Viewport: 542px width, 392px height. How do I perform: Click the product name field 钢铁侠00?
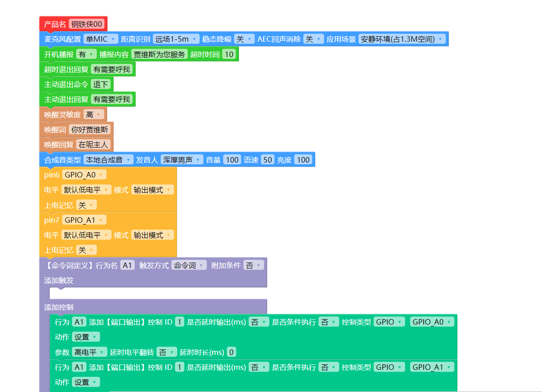pos(87,24)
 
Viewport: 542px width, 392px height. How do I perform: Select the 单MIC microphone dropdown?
pos(101,39)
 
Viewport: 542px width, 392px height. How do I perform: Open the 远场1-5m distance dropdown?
pos(176,39)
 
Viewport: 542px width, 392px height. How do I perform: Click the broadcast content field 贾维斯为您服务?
pos(159,54)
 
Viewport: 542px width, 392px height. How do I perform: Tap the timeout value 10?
pos(229,54)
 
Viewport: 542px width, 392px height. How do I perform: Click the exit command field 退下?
pos(101,84)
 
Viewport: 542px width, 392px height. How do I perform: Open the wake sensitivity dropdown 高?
pos(94,115)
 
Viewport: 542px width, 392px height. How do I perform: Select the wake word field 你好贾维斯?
pos(90,129)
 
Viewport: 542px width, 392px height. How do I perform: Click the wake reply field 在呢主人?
pos(94,144)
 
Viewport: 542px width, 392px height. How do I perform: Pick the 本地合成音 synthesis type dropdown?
pos(108,159)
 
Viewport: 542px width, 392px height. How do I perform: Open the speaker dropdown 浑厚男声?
pos(182,159)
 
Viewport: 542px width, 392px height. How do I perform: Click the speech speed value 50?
pos(267,159)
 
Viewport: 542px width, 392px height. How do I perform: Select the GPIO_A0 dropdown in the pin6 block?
pos(84,175)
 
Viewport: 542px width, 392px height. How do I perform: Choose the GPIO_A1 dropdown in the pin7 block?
pos(84,220)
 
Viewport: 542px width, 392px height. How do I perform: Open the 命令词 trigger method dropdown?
pos(189,265)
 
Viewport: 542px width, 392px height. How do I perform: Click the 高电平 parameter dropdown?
pos(90,352)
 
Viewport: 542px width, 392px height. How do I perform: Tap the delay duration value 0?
pos(231,352)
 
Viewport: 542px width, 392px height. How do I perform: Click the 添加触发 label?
pos(59,280)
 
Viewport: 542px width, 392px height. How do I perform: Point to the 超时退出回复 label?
pos(66,69)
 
